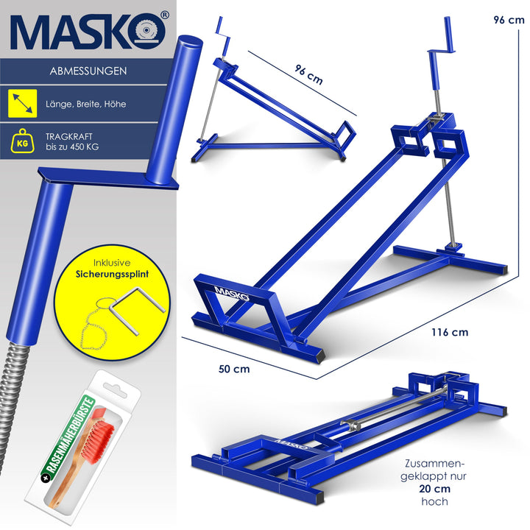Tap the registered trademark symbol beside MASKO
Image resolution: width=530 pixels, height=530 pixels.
[164, 15]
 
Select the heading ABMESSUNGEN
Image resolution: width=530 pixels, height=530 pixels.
[88, 71]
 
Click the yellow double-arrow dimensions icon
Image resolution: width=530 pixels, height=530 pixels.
[22, 104]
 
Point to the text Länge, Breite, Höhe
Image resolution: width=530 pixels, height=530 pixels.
[86, 104]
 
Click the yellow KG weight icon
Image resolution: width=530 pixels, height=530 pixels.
[22, 141]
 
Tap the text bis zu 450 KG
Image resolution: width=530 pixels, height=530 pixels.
[72, 147]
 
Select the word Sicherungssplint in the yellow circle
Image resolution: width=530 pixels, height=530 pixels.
[112, 274]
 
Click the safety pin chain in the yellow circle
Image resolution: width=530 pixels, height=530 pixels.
[94, 325]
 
